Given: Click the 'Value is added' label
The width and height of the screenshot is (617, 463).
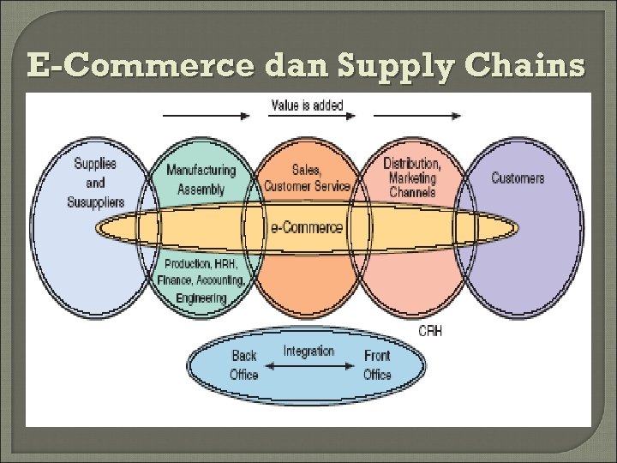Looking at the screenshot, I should [x=307, y=105].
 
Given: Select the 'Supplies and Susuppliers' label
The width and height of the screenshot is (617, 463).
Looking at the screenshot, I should [x=95, y=183].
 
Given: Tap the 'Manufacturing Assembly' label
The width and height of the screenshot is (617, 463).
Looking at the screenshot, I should [x=200, y=179].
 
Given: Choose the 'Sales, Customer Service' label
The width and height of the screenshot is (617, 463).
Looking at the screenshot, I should [x=307, y=178].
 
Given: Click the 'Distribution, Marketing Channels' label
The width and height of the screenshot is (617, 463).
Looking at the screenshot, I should [x=412, y=177].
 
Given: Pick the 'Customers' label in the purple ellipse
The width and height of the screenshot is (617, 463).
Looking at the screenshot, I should [x=518, y=177].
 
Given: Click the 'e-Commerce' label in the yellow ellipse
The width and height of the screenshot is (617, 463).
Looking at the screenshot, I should [x=306, y=228].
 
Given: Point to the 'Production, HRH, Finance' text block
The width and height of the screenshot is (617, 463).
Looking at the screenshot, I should [x=201, y=273].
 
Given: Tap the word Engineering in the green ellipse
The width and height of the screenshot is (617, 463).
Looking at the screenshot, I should [x=201, y=298].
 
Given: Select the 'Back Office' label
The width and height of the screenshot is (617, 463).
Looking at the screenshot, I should [x=244, y=364].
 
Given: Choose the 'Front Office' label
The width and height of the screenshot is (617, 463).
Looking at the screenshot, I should [x=377, y=364].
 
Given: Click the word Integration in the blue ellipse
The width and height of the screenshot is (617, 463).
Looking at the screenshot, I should [x=308, y=351].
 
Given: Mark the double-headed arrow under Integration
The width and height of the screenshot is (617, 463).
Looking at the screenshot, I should [x=308, y=366].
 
